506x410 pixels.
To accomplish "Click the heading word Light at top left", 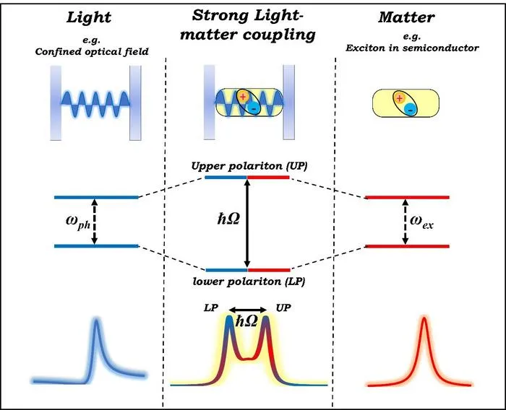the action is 89,18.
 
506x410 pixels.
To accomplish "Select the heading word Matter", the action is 406,17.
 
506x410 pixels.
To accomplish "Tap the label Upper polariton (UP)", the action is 249,166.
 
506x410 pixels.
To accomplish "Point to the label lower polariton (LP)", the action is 249,282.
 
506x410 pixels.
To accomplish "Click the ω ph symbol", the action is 78,222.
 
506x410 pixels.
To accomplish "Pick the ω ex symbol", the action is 421,222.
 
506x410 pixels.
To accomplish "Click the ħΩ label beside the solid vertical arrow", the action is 228,219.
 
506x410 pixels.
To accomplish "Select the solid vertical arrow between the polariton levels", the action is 247,223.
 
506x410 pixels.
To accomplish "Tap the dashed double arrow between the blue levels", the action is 94,222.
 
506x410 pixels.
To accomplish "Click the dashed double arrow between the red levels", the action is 406,222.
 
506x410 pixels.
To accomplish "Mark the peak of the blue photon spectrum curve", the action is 96,320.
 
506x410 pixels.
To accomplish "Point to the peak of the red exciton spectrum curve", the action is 424,318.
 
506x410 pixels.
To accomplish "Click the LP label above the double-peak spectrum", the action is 211,308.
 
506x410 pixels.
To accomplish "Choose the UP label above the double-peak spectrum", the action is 283,307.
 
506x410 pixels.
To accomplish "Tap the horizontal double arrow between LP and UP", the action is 248,310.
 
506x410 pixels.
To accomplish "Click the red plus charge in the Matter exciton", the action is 400,98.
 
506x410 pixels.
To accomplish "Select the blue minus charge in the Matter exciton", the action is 410,110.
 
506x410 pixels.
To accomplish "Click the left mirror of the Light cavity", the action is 56,103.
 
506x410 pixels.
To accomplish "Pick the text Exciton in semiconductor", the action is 413,48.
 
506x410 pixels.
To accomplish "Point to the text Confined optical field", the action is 92,51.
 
